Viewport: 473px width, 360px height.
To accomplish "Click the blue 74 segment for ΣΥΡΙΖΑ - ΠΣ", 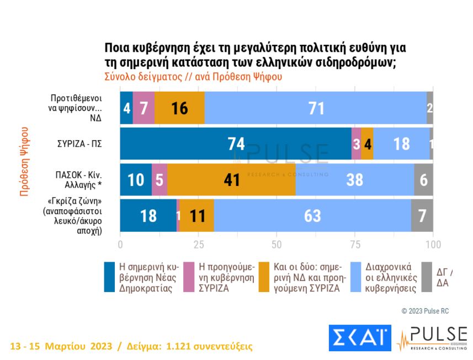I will (236, 144).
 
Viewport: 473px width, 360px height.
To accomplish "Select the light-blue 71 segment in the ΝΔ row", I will (316, 108).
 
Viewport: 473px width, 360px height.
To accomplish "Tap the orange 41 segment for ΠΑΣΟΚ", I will (231, 179).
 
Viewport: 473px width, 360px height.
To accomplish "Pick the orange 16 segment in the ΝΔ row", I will (179, 108).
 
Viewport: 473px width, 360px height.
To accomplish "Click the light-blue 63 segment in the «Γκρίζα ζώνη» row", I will (312, 215).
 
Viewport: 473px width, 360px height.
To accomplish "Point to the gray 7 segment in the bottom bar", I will (422, 215).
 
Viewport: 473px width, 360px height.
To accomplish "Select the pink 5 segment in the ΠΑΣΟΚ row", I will (160, 179).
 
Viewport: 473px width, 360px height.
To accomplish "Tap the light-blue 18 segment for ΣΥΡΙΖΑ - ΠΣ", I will (401, 144).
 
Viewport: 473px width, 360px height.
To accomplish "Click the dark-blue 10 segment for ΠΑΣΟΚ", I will (136, 179).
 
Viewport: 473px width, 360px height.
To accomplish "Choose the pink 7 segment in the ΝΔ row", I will (144, 108).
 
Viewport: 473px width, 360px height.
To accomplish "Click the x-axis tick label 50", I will (277, 244).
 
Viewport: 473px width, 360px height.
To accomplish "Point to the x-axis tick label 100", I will (433, 244).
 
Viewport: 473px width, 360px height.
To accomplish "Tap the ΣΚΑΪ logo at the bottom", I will (359, 338).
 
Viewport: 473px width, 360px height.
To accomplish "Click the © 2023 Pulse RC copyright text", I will (425, 311).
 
